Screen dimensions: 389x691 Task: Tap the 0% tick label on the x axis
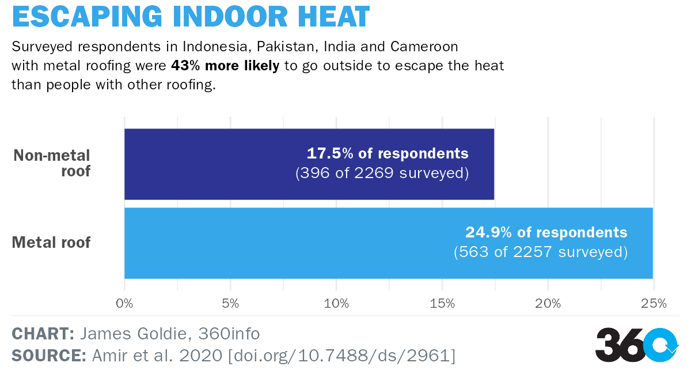click(x=124, y=303)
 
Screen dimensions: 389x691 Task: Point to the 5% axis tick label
click(x=230, y=303)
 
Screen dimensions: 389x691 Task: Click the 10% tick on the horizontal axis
click(x=336, y=303)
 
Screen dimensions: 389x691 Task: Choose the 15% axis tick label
click(x=442, y=303)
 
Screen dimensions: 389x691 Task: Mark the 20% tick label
click(x=548, y=303)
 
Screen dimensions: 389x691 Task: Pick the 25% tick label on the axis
click(x=654, y=303)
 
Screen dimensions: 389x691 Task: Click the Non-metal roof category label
click(x=52, y=163)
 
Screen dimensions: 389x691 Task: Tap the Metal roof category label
click(x=51, y=242)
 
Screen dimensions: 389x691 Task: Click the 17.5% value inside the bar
click(x=330, y=154)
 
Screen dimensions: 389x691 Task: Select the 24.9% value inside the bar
click(x=489, y=233)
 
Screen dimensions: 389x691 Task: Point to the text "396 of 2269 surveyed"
click(x=382, y=173)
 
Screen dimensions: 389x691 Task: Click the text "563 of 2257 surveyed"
click(x=541, y=252)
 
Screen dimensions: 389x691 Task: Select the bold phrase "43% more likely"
click(x=225, y=65)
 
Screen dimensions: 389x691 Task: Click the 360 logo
click(x=637, y=344)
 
